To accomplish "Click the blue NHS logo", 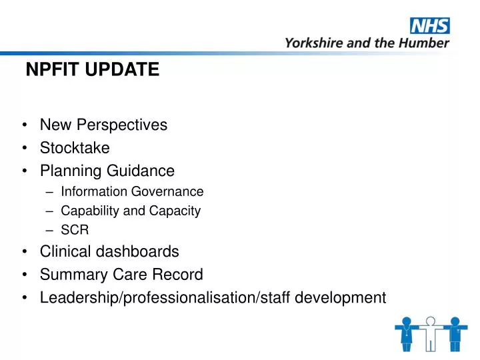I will pyautogui.click(x=429, y=26).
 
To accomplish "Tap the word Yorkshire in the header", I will pyautogui.click(x=311, y=43).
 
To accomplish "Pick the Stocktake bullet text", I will pyautogui.click(x=75, y=148).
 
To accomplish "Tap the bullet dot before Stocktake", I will pyautogui.click(x=24, y=148).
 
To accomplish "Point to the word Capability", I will pyautogui.click(x=86, y=211).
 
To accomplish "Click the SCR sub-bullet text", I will pyautogui.click(x=74, y=230).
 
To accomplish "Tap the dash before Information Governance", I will pyautogui.click(x=52, y=192).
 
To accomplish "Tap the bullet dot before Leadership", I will pyautogui.click(x=24, y=297).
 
